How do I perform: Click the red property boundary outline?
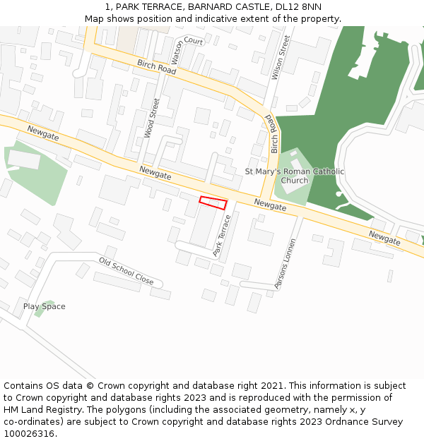tap(213, 203)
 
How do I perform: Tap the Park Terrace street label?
tap(222, 236)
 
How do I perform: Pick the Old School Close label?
tap(126, 272)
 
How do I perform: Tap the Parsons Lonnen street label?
tap(286, 263)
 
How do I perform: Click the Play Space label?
tap(44, 306)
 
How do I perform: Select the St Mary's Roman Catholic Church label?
tap(295, 176)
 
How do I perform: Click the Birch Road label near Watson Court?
tap(156, 68)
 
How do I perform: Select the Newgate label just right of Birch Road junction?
tap(271, 205)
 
